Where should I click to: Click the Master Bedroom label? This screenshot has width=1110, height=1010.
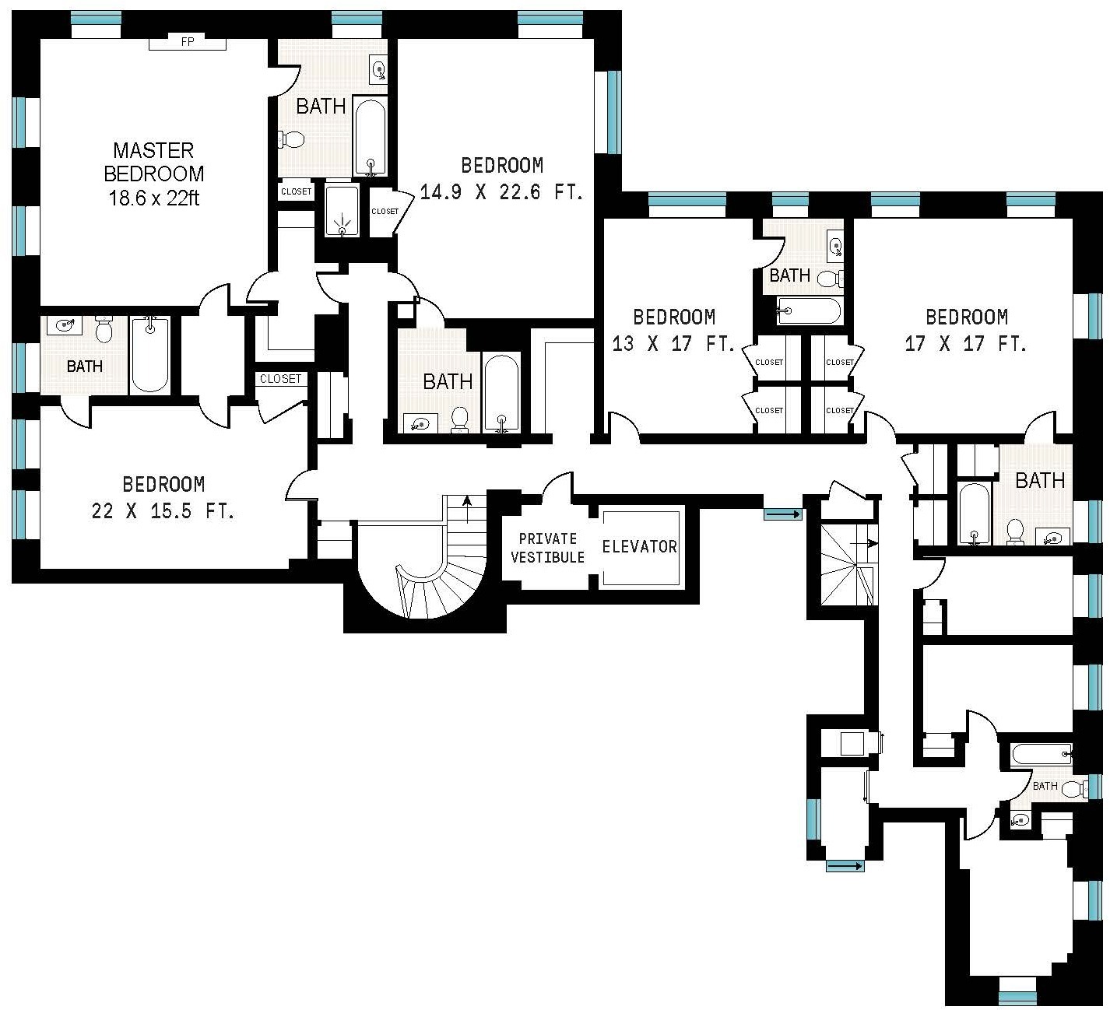point(153,161)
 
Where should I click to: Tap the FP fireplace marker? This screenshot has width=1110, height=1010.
point(187,42)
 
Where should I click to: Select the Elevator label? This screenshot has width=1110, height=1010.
point(639,546)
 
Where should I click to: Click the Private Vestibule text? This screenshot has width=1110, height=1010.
point(547,548)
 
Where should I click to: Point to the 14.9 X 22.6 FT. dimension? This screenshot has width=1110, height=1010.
point(501,191)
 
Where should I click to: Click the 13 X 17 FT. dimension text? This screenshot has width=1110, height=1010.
point(673,343)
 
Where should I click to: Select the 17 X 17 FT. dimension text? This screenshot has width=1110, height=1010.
point(965,343)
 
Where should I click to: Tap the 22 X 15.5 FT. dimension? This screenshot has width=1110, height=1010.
point(163,511)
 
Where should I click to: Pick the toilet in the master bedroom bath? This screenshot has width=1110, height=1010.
point(292,140)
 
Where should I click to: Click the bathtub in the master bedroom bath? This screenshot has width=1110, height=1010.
point(370,136)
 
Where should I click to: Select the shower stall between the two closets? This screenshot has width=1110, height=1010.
point(341,210)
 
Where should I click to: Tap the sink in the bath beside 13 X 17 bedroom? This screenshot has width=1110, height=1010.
point(834,247)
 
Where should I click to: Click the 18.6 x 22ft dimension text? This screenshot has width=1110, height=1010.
point(153,198)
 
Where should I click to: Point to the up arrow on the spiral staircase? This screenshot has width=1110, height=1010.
point(466,509)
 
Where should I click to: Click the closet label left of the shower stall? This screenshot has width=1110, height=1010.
point(296,191)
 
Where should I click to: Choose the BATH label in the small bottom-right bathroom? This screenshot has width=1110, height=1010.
point(1045,786)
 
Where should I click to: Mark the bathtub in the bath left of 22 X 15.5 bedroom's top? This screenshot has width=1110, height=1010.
point(149,354)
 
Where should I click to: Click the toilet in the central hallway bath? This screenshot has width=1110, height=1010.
point(459,419)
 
